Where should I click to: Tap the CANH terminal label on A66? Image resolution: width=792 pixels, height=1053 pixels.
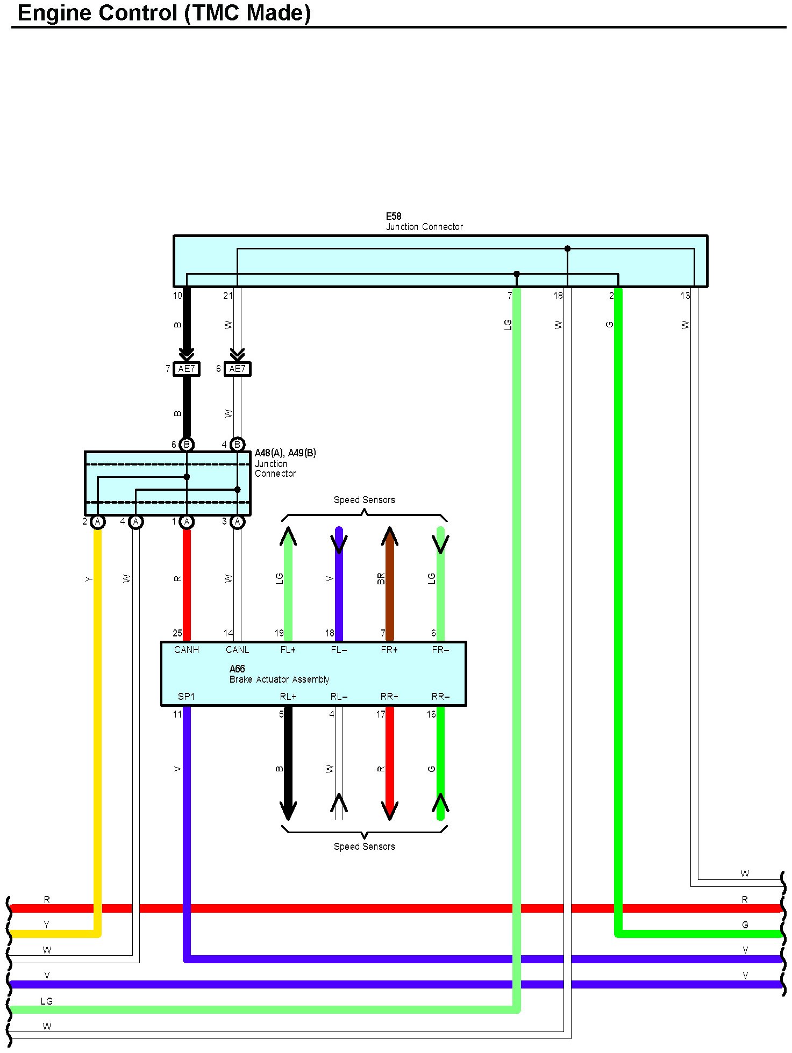click(187, 650)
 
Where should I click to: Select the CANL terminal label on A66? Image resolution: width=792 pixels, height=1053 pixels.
click(237, 650)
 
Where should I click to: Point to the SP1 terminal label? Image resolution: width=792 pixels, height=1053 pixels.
click(186, 697)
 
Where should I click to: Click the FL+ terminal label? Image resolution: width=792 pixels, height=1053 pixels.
click(288, 650)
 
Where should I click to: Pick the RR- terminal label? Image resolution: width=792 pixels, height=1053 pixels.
click(440, 697)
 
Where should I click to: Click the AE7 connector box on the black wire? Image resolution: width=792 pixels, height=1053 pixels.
click(187, 369)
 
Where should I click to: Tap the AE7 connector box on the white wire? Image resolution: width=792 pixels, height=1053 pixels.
click(237, 369)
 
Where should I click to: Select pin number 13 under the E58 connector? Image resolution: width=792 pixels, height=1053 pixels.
click(685, 296)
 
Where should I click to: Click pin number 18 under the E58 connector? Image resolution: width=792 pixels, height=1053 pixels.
click(558, 296)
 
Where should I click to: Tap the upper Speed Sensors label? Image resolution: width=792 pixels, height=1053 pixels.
click(364, 500)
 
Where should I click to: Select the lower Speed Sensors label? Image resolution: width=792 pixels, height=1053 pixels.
click(364, 847)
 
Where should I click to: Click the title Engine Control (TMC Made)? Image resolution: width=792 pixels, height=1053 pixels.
click(164, 13)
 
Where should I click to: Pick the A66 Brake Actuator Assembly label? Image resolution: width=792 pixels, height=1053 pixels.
click(279, 675)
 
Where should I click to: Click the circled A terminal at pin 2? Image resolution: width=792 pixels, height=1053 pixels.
click(98, 521)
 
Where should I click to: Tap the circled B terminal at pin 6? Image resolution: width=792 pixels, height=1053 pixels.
click(187, 445)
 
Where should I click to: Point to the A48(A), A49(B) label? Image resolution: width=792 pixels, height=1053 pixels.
click(285, 453)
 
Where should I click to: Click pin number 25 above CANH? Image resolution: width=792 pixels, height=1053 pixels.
click(177, 633)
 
